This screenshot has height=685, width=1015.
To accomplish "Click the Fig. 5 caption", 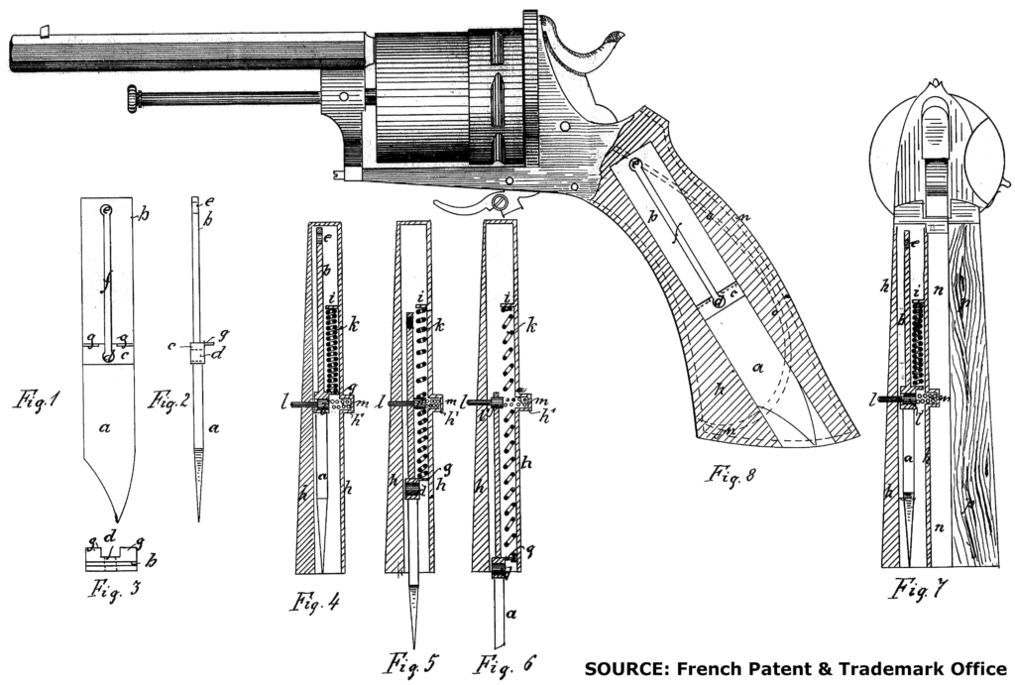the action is click(x=408, y=662).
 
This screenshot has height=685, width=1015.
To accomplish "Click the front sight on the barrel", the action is click(x=45, y=31).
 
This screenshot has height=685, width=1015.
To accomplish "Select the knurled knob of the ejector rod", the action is click(x=130, y=99).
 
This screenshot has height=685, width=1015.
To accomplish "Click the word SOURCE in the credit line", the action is click(x=621, y=667).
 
